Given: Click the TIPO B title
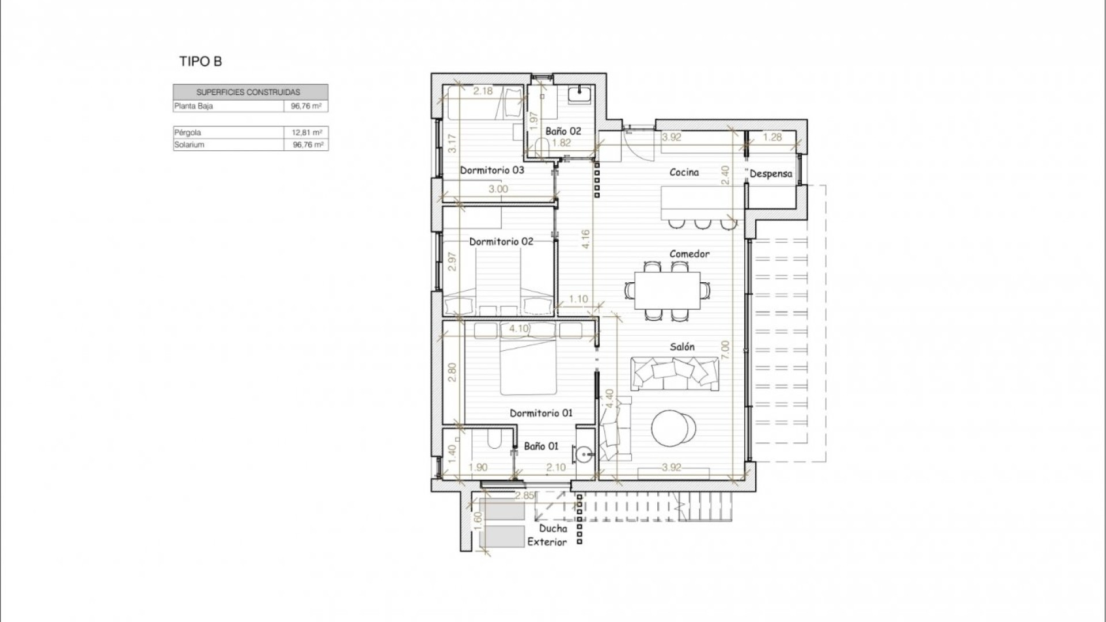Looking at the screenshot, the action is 200,62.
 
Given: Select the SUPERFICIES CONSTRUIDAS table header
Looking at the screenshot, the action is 248,92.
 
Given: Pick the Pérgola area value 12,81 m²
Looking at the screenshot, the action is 306,132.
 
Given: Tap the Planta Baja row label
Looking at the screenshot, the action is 194,106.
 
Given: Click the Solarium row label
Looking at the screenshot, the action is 189,145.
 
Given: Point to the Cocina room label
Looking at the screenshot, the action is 684,172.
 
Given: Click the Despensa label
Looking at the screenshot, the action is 771,173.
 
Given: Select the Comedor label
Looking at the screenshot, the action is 689,253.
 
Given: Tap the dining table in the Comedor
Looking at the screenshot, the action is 668,290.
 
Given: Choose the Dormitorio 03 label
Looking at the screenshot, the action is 492,170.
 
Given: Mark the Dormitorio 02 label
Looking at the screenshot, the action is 501,241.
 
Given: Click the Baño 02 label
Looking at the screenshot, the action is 563,131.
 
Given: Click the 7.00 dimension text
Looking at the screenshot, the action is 725,350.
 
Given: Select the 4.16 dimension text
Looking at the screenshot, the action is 585,239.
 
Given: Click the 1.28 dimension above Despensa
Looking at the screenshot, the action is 772,137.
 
